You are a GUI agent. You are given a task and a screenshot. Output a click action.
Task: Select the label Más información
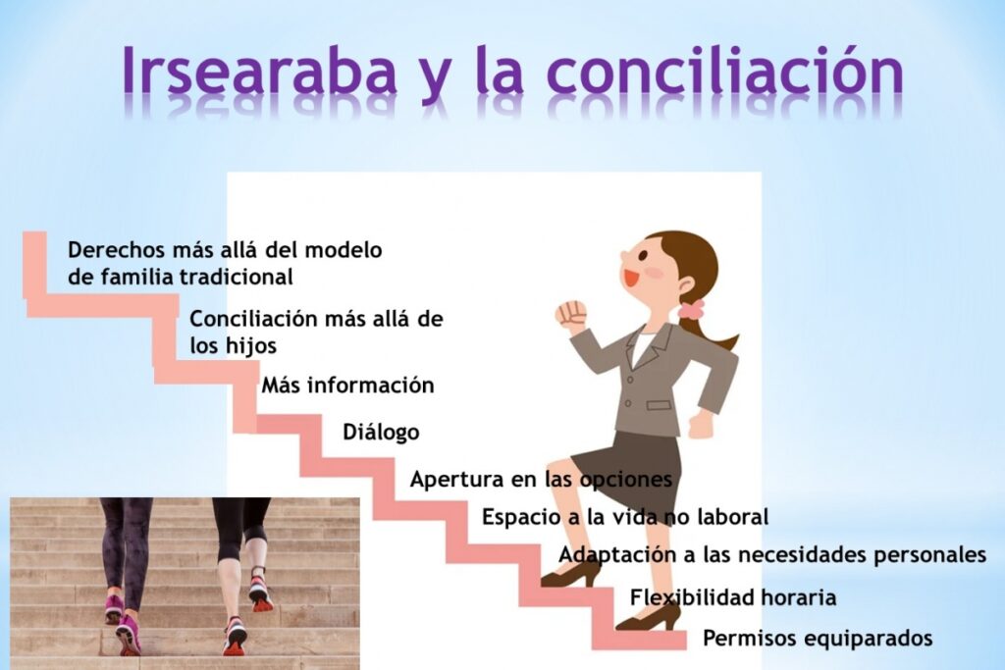[348, 385]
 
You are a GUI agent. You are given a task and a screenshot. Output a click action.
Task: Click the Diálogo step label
[382, 432]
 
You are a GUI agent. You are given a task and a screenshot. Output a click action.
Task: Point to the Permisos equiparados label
[818, 638]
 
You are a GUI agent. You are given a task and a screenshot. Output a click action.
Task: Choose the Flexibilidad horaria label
[733, 597]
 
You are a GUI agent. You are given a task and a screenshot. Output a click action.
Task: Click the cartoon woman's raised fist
[571, 315]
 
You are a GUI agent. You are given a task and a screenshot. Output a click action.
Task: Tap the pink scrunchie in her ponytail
[691, 310]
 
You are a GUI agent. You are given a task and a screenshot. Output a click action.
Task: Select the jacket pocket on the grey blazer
[659, 405]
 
